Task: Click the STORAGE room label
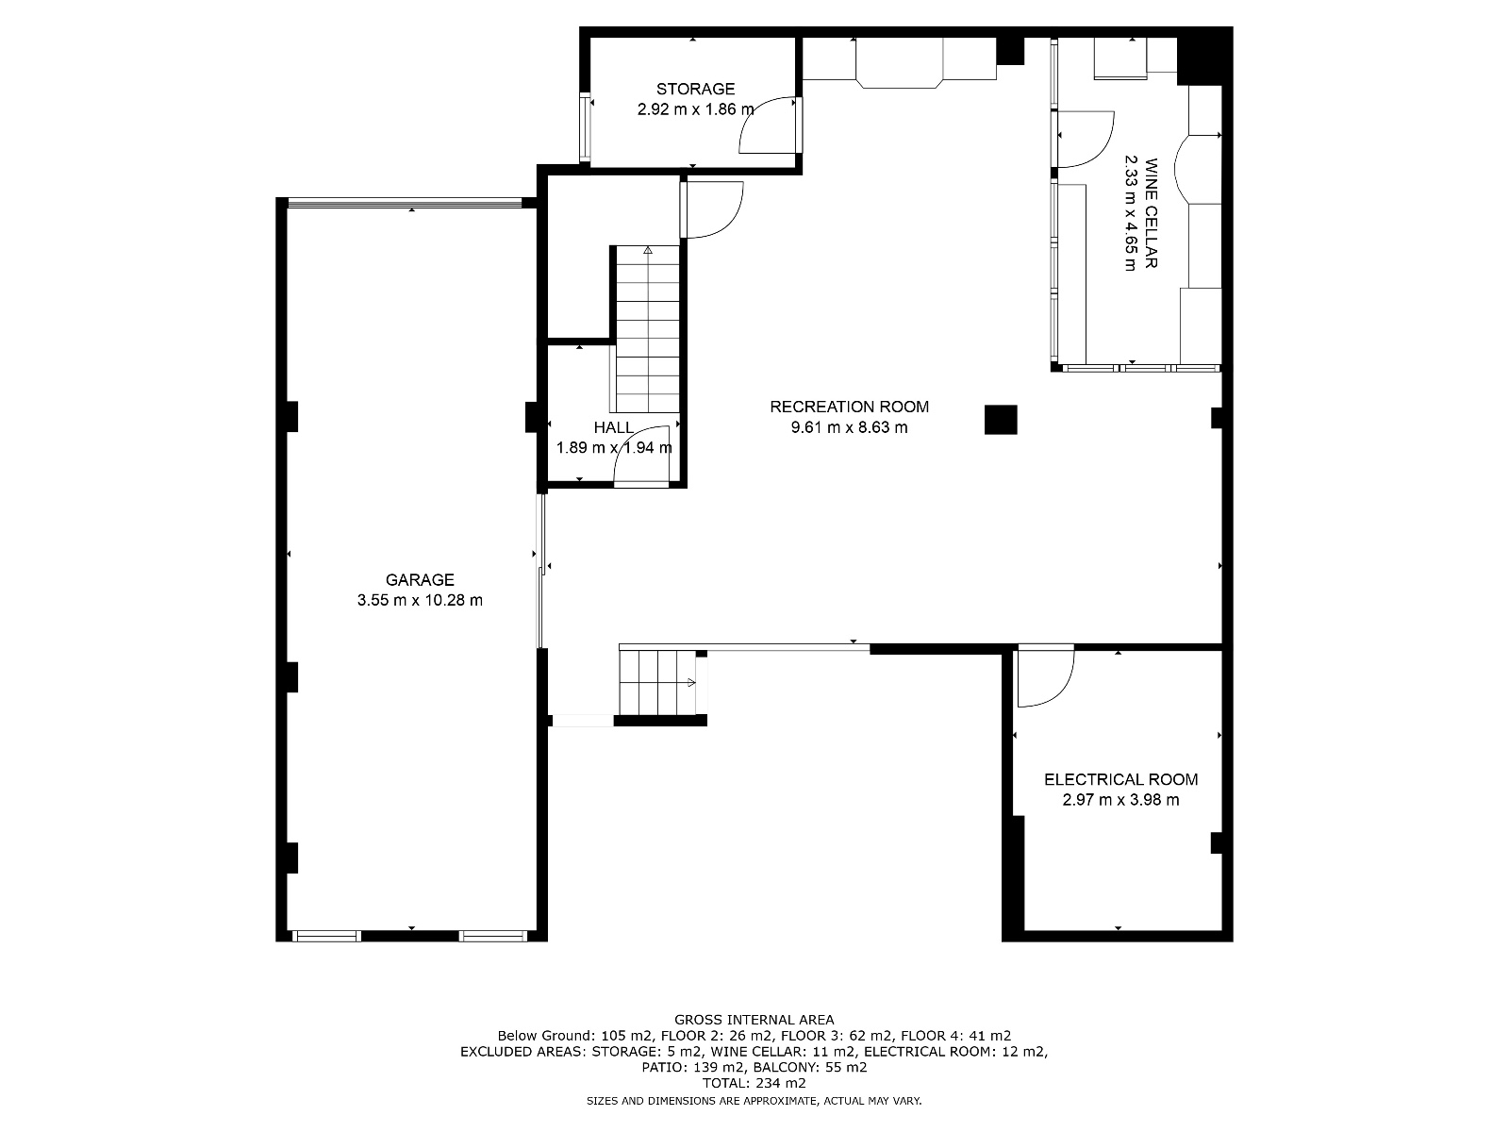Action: [695, 89]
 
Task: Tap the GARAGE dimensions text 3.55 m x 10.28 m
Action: [420, 600]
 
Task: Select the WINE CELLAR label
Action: [1150, 214]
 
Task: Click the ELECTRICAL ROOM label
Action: [1120, 779]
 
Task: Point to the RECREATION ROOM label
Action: [849, 407]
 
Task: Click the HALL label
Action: [613, 427]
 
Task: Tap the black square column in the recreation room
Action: [1001, 419]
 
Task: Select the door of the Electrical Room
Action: [1045, 676]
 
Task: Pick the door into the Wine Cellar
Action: [1085, 140]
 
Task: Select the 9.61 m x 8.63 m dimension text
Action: [849, 427]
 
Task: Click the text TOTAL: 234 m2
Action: [754, 1083]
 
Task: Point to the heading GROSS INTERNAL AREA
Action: [754, 1019]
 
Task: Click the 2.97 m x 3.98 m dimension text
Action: [1120, 800]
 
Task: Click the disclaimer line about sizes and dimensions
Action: [754, 1101]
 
